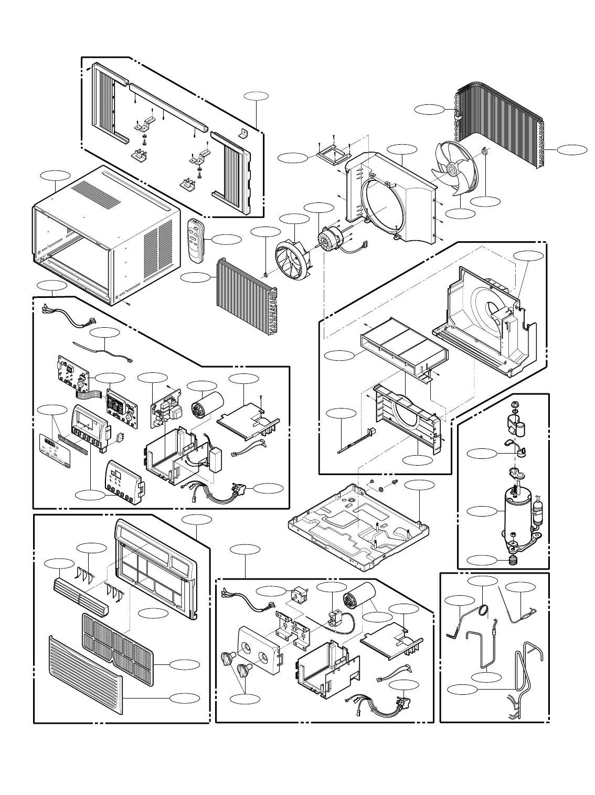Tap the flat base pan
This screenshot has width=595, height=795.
[x=357, y=530]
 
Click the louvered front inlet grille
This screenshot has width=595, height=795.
[x=84, y=676]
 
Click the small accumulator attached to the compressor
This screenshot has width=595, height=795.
[x=537, y=509]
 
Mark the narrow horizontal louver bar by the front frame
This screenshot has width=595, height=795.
[x=80, y=597]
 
